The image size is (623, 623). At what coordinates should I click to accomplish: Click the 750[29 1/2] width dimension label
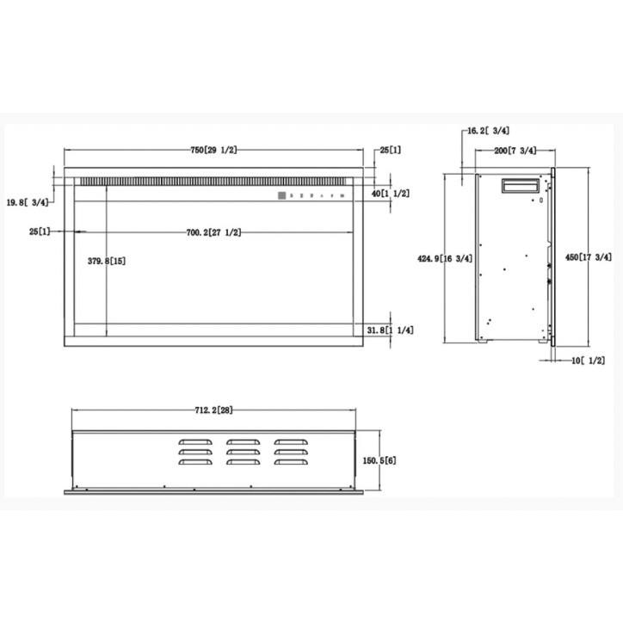213,151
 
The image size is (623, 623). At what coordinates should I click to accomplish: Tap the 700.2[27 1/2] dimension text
213,232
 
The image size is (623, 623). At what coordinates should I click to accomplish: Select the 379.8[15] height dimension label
107,261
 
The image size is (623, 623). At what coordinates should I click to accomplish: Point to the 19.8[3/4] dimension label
28,202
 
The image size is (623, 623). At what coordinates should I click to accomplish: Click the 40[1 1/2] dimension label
390,194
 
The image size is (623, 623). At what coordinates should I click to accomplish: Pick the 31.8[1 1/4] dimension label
390,330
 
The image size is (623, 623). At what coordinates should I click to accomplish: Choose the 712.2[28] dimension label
213,410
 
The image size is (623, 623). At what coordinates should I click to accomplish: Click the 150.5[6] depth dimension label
379,460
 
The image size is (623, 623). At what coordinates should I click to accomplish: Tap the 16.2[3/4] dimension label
488,131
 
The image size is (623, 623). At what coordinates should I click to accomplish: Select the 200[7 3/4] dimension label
515,151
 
